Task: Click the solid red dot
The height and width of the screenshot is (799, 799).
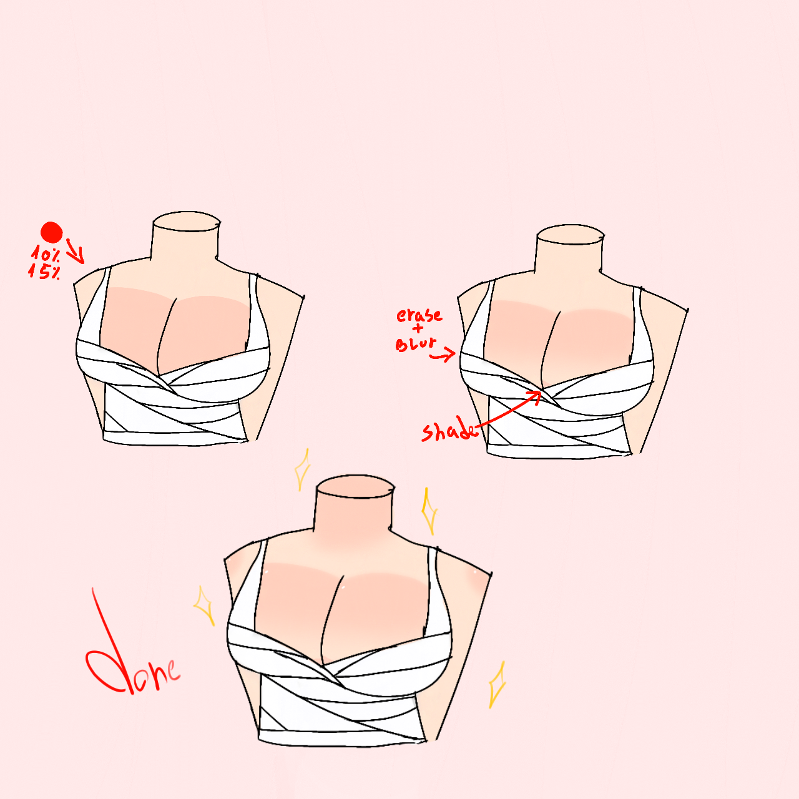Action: (51, 232)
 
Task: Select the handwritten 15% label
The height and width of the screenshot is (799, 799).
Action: (44, 272)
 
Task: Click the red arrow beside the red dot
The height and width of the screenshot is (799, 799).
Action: (76, 252)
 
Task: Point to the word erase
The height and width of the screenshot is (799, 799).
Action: (419, 315)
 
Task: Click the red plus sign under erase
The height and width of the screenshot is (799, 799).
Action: (418, 329)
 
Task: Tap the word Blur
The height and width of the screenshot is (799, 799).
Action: (416, 344)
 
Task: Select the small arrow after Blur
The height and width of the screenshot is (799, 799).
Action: (443, 355)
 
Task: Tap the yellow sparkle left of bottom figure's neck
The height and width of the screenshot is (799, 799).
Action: (303, 469)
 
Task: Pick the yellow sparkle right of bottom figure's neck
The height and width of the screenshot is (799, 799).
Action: (429, 511)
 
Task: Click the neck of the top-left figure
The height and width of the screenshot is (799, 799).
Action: (185, 240)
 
